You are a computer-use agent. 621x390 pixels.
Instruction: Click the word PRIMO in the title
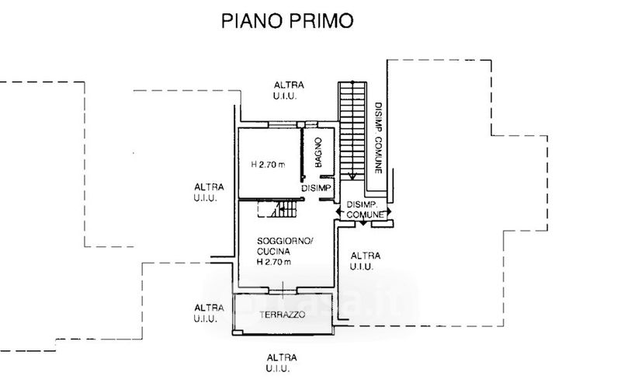[x=321, y=21]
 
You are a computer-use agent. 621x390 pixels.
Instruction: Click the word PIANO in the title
[x=252, y=21]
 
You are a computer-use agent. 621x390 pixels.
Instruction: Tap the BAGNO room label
[x=318, y=152]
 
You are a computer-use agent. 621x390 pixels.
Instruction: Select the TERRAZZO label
[x=283, y=315]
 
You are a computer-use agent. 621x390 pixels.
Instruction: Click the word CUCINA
[x=273, y=251]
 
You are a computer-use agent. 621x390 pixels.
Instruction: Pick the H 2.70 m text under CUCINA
[x=274, y=262]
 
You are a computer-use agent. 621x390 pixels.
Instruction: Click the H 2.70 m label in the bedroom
[x=268, y=164]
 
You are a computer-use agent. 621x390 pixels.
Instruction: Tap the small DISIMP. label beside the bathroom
[x=316, y=189]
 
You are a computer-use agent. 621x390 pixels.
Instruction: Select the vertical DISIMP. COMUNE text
[x=379, y=138]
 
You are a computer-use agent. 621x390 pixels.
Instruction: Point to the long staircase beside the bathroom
[x=352, y=131]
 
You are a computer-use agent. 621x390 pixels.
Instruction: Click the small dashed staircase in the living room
[x=277, y=209]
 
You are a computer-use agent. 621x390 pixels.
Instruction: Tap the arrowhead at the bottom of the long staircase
[x=352, y=177]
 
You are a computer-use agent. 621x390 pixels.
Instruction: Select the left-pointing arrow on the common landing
[x=339, y=211]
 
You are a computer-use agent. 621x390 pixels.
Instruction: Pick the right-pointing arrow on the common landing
[x=389, y=211]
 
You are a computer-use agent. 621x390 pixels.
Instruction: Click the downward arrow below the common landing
[x=363, y=223]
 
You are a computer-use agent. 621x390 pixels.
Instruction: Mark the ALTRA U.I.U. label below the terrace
[x=282, y=363]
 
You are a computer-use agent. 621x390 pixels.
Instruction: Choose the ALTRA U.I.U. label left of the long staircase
[x=289, y=90]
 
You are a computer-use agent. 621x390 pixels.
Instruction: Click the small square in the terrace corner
[x=238, y=333]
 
